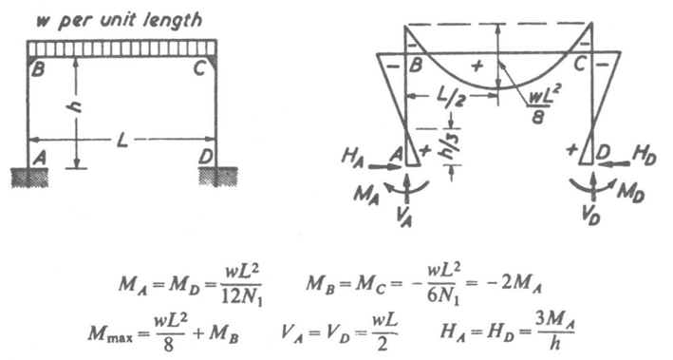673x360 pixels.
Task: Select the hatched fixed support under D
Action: click(217, 176)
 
